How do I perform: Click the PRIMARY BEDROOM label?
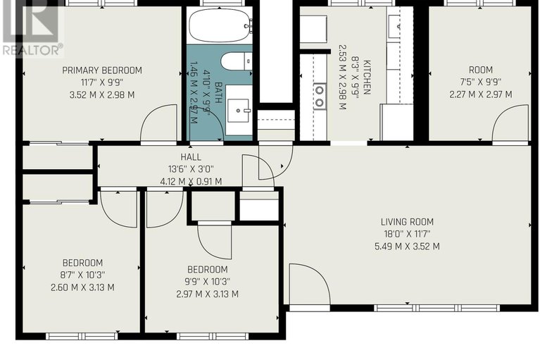point(102,70)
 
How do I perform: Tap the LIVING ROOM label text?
point(407,222)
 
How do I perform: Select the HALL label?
point(191,157)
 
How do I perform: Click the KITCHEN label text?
point(367,77)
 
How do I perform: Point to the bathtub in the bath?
point(219,25)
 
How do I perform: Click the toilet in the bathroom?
point(237,61)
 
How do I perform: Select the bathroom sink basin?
point(238,111)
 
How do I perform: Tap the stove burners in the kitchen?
point(320,97)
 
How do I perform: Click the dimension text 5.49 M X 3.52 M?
point(407,247)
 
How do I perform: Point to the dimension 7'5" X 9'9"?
point(481,82)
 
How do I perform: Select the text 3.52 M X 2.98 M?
point(102,94)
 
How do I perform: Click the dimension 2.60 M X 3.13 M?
point(82,287)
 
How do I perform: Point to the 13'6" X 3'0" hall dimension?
point(191,169)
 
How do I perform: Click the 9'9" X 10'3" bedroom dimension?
point(207,282)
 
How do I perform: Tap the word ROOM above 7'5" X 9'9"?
point(481,70)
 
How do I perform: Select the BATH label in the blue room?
point(218,92)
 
